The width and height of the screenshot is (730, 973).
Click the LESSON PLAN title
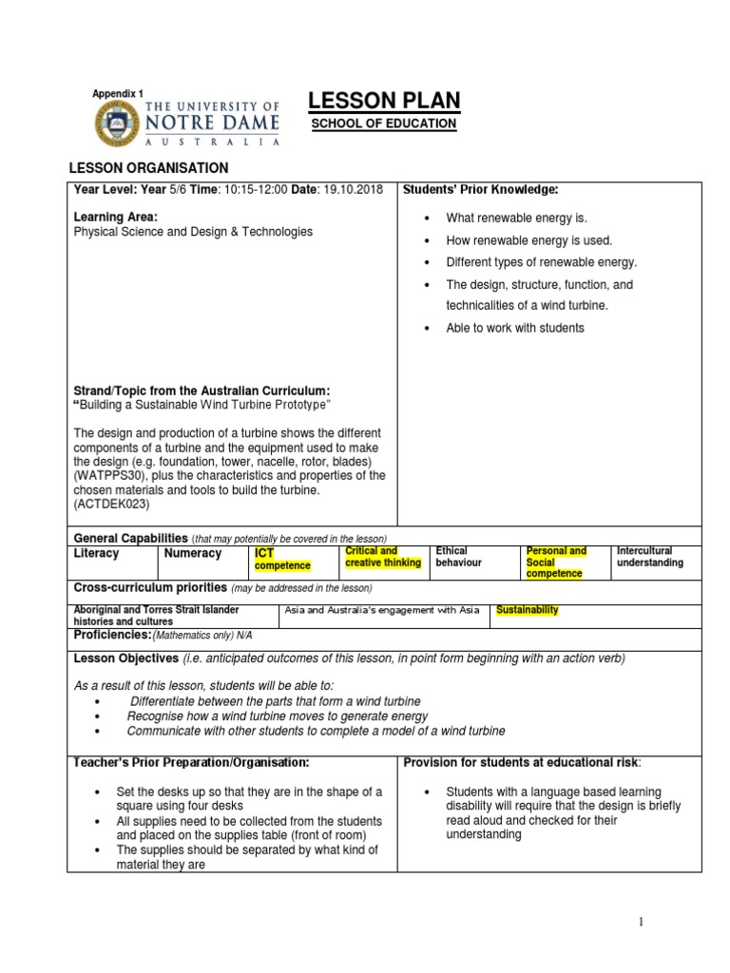point(385,101)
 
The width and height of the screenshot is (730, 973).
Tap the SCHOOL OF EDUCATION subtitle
point(384,124)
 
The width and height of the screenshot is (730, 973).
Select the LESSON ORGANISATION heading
point(148,168)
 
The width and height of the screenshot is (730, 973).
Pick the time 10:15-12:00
point(255,190)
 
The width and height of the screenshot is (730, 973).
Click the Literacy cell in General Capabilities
point(96,553)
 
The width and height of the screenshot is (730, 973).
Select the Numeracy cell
point(192,553)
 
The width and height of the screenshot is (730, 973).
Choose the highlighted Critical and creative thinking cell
point(382,557)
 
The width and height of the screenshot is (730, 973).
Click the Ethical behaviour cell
point(459,557)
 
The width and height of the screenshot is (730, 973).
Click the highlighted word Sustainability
point(528,610)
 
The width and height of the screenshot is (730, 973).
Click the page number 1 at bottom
point(641,922)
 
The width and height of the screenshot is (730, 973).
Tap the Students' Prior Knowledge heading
point(480,190)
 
